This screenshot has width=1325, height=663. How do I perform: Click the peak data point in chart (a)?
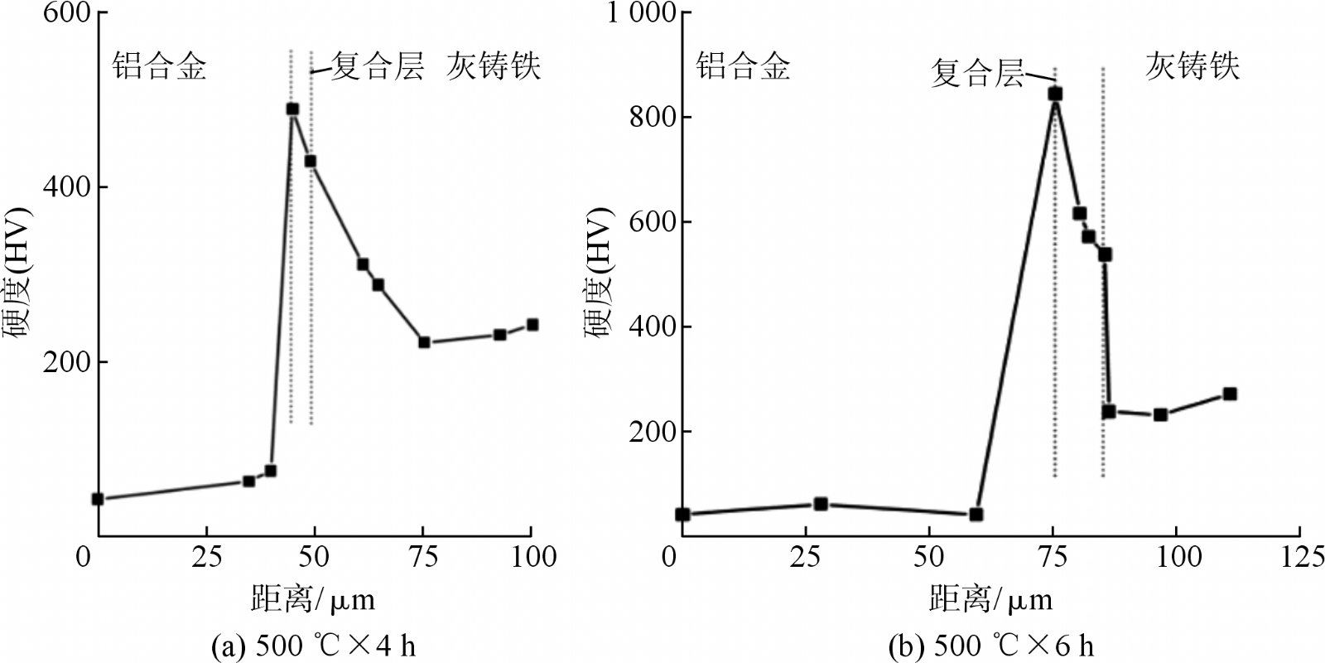tap(291, 109)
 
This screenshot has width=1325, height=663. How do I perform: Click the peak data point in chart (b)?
tap(1055, 94)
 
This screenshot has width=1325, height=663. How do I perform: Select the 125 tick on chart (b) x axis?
tap(1298, 556)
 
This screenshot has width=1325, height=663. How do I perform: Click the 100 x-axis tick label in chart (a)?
tap(530, 556)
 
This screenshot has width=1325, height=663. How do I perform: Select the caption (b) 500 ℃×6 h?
tap(990, 645)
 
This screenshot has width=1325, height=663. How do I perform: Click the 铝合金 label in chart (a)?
tap(159, 66)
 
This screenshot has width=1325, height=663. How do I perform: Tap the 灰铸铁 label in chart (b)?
tap(1192, 66)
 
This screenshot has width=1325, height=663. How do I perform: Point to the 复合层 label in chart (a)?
tap(378, 66)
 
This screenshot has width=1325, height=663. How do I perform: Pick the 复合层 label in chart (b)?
tap(977, 73)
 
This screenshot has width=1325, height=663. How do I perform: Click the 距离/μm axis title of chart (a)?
tap(313, 598)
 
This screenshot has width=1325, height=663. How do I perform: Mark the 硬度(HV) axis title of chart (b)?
tap(598, 273)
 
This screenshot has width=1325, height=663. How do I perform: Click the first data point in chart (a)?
tap(98, 499)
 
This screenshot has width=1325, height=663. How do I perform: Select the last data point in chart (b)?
tap(1230, 394)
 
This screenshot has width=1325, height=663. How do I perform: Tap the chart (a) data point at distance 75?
tap(424, 341)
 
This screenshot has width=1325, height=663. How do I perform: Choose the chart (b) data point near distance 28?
tap(821, 504)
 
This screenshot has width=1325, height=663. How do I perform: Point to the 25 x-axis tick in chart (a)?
tap(205, 556)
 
